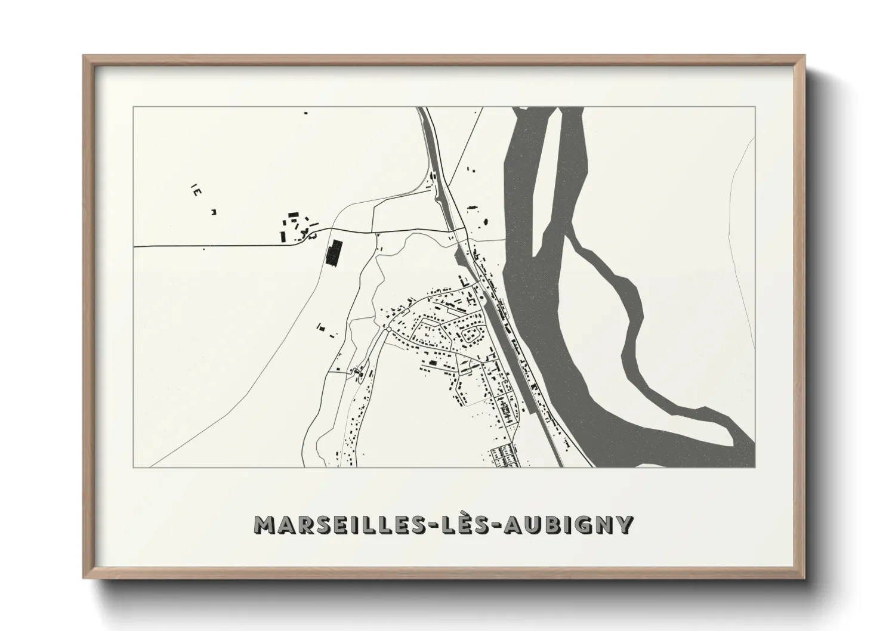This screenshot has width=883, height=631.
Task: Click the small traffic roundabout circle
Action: [388, 329]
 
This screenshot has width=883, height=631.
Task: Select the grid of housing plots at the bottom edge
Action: [505, 456]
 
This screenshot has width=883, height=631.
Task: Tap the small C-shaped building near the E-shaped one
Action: [213, 211]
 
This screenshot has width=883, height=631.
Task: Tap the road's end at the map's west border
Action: [135, 246]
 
